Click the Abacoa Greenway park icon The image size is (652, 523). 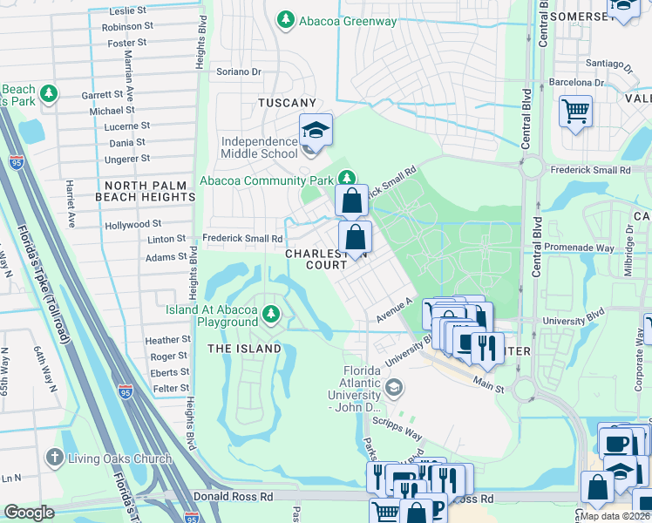pyautogui.click(x=285, y=19)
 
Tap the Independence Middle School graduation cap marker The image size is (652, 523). pyautogui.click(x=316, y=130)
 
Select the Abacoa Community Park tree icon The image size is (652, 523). pyautogui.click(x=348, y=180)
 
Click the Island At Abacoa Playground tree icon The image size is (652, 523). pyautogui.click(x=272, y=313)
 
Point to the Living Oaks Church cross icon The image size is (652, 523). pyautogui.click(x=54, y=458)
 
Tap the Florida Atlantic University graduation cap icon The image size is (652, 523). pyautogui.click(x=394, y=386)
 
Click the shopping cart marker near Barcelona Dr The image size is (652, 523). pyautogui.click(x=575, y=112)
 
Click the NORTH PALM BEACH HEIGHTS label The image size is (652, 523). pyautogui.click(x=149, y=191)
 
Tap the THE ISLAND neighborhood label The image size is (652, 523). pyautogui.click(x=244, y=349)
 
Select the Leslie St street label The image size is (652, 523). pyautogui.click(x=127, y=11)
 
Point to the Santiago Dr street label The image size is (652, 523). pyautogui.click(x=609, y=65)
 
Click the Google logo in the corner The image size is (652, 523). pyautogui.click(x=29, y=513)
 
